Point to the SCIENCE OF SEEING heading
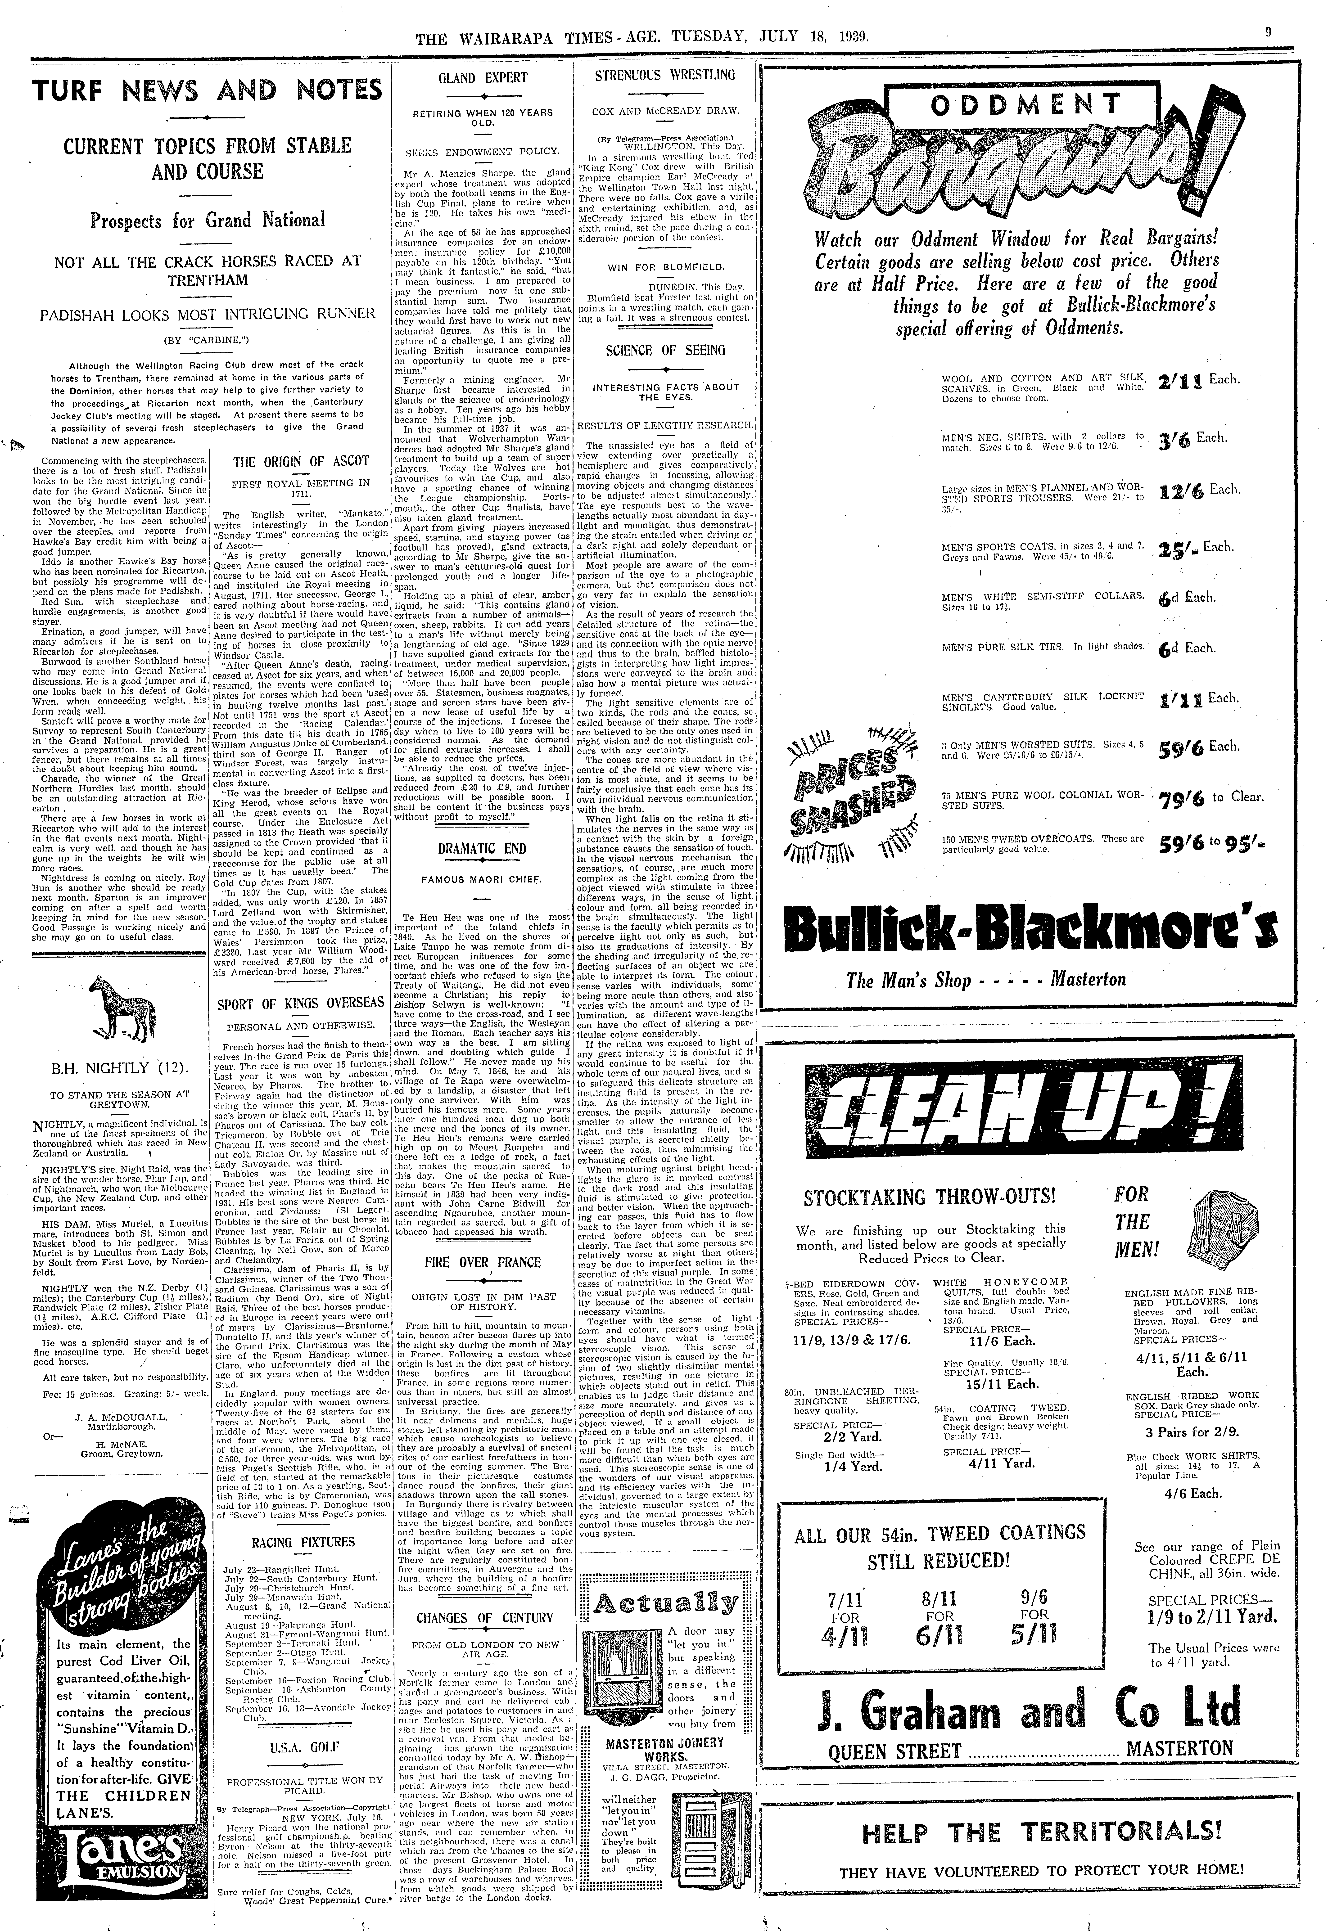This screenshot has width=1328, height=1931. click(666, 350)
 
